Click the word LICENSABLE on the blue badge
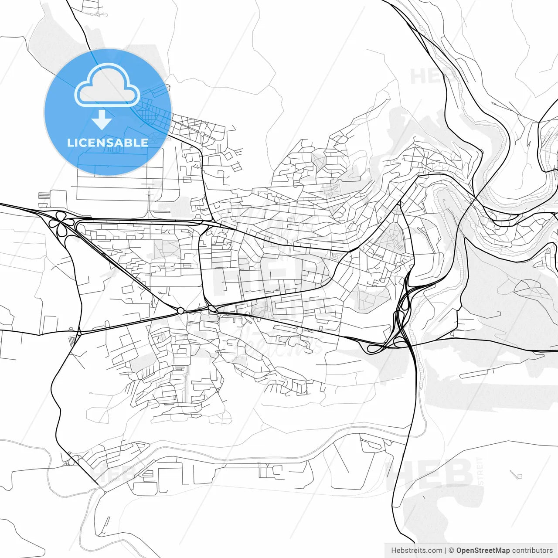pos(107,143)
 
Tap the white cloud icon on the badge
pos(107,85)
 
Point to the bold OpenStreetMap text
pos(483,550)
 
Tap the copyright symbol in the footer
pos(452,550)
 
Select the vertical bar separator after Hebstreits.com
pos(446,550)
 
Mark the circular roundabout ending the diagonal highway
pos(180,311)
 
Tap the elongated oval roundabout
pos(212,309)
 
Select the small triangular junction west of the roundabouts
pos(79,334)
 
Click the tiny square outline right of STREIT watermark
pos(519,476)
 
